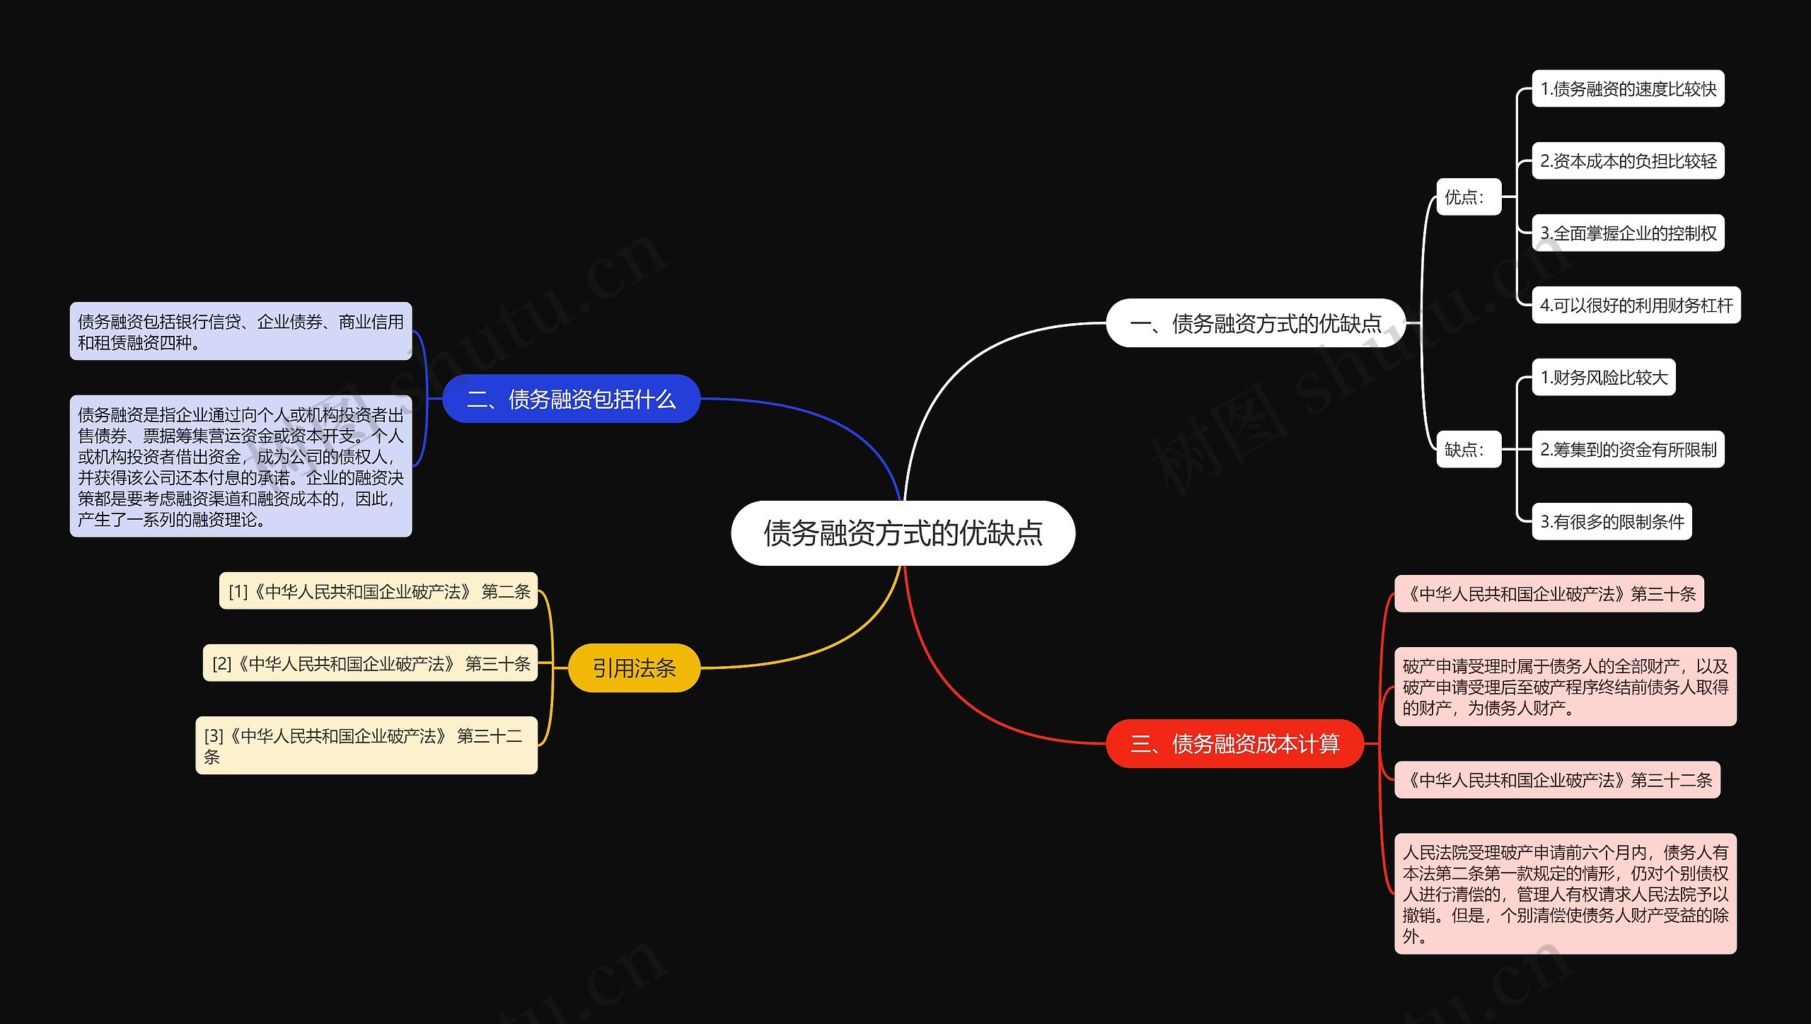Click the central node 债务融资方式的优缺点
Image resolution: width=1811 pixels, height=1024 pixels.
coord(903,533)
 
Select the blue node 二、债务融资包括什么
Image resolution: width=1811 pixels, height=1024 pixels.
coord(571,399)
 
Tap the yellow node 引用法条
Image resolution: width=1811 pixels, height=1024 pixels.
coord(634,668)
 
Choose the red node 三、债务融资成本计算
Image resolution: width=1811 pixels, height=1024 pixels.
coord(1234,743)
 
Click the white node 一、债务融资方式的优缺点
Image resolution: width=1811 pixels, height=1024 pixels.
coord(1255,323)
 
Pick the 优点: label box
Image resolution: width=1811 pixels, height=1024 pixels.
coord(1468,197)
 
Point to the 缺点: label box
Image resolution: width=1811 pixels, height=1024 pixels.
coord(1468,449)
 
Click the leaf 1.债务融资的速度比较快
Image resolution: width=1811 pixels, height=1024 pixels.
coord(1628,89)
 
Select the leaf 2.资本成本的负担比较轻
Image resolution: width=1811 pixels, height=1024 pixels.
coord(1628,161)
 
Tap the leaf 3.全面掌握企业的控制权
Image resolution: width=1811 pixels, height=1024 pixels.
coord(1628,233)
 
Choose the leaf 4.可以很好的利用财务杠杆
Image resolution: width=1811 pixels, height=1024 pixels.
coord(1636,306)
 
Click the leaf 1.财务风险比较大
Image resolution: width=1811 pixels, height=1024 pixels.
coord(1604,378)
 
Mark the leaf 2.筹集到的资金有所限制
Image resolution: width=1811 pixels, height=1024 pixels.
coord(1628,450)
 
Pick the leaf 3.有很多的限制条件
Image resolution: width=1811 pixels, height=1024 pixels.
coord(1612,522)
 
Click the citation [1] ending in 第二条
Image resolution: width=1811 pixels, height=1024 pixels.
coord(378,591)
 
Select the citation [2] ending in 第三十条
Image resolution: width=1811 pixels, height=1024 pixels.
coord(370,663)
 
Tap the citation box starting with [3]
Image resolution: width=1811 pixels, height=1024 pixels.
coord(366,745)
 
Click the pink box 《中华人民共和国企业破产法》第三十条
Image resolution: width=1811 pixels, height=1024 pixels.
coord(1549,594)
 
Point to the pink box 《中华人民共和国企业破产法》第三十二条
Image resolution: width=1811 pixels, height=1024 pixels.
coord(1557,780)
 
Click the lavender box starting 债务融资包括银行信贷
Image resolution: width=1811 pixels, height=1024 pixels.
coord(241,332)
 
